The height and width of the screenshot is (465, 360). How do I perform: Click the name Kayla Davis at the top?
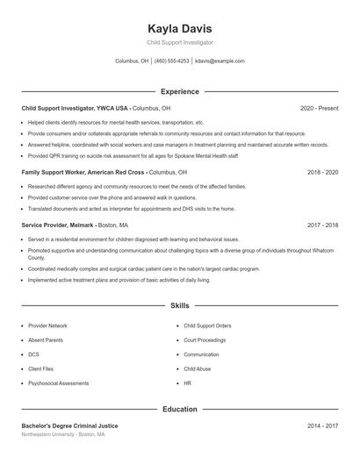click(179, 28)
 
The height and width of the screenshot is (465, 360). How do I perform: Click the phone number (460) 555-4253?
click(171, 61)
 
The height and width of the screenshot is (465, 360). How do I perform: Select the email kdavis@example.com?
click(220, 61)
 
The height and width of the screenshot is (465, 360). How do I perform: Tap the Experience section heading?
click(179, 91)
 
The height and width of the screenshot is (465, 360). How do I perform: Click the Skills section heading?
click(179, 306)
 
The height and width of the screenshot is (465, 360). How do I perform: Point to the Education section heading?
click(179, 409)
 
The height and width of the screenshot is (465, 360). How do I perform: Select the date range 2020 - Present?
click(319, 108)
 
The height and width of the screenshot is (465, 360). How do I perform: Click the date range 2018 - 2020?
click(322, 173)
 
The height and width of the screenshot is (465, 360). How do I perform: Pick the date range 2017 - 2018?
click(322, 225)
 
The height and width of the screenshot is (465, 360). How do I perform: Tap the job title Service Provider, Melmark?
click(59, 225)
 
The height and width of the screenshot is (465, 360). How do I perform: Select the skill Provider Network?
click(47, 325)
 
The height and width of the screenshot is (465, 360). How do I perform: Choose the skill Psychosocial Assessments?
click(58, 383)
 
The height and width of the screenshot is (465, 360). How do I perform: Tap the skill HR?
click(187, 383)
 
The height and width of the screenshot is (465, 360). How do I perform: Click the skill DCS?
click(33, 354)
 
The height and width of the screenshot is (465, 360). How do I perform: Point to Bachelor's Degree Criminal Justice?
click(69, 426)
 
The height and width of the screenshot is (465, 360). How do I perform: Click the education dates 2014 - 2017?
click(322, 426)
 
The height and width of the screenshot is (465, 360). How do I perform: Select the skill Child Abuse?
click(198, 368)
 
